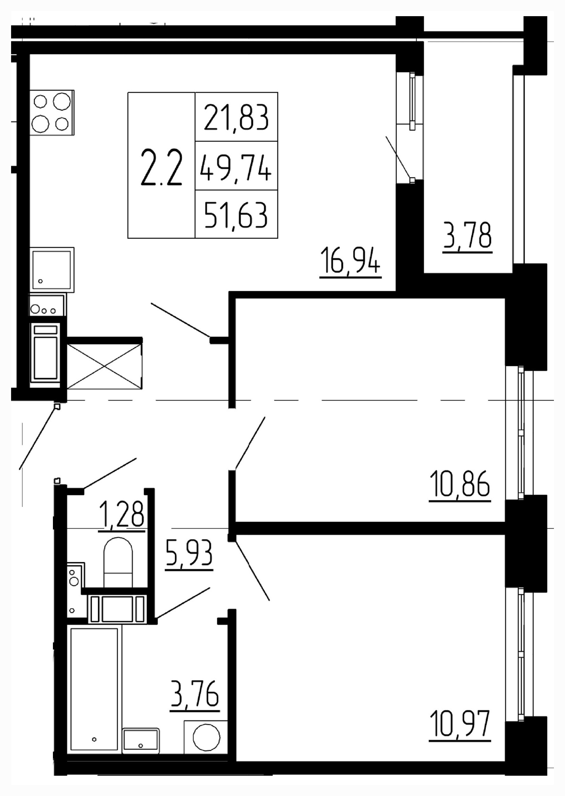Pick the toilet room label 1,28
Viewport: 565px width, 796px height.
[121, 514]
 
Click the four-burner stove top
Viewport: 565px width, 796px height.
[52, 113]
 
